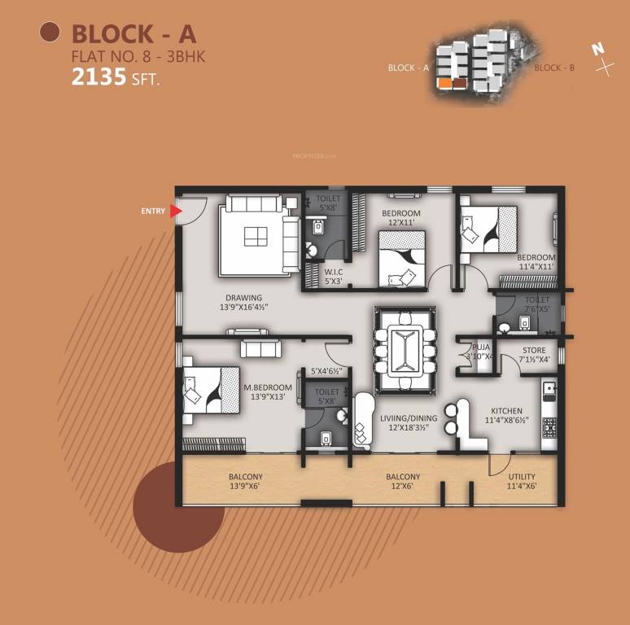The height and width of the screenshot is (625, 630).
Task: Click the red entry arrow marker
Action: coord(175,212)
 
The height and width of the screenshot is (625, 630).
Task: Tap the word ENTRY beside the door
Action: coord(152,212)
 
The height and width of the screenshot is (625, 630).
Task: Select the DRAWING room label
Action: coord(244,298)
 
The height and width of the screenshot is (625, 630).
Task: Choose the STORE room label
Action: coord(533,349)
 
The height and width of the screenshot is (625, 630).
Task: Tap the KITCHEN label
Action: coord(506,411)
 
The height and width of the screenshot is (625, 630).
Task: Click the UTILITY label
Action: coord(522,477)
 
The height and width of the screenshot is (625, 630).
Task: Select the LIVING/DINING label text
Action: coord(409,418)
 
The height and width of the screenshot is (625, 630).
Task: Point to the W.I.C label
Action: coord(334,272)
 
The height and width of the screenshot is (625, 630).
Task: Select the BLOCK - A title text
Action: coord(133,33)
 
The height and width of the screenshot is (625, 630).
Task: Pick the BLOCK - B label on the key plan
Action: coord(554,68)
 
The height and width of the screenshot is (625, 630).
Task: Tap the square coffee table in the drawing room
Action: coord(254,236)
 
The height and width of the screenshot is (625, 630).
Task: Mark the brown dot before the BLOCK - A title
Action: coord(50,33)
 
